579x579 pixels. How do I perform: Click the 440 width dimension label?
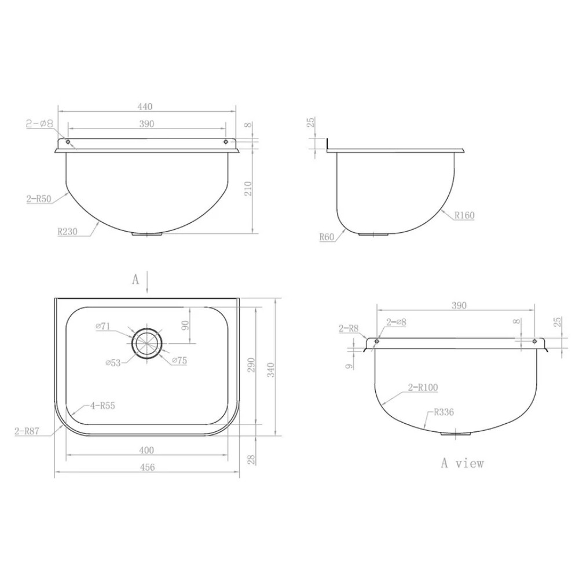145,107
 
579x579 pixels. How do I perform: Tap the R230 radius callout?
67,232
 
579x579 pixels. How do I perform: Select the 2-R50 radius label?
38,199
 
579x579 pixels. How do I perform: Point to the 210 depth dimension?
248,188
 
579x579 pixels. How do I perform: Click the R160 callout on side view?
464,215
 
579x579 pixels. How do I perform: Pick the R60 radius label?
327,237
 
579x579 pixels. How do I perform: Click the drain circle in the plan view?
147,343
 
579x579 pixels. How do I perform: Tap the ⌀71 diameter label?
102,326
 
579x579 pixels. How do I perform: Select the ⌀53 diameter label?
113,362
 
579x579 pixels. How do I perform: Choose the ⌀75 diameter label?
179,360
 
